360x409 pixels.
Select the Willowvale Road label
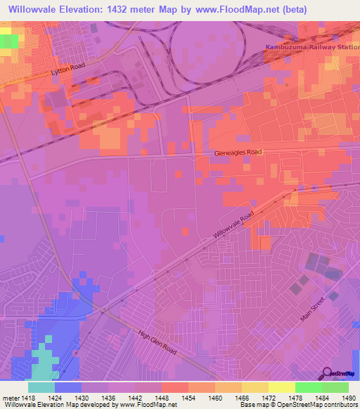pos(233,226)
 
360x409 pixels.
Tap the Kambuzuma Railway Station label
pos(311,47)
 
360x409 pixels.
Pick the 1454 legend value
pos(188,397)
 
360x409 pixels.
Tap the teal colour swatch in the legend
pos(41,387)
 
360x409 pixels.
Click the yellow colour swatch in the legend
pos(281,387)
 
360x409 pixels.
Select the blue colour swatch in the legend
pos(68,387)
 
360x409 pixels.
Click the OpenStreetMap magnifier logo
pos(327,374)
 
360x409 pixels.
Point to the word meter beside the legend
pos(11,397)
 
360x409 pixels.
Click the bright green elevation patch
pos(9,41)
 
